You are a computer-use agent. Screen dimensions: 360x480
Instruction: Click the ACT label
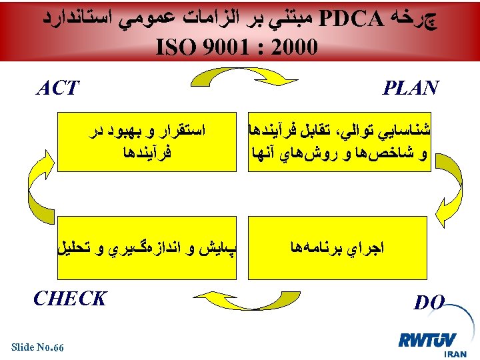[58, 87]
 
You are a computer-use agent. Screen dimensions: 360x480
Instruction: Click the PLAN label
[410, 87]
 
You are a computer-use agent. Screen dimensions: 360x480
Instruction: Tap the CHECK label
[69, 298]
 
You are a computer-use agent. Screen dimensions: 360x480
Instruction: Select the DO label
[429, 303]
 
